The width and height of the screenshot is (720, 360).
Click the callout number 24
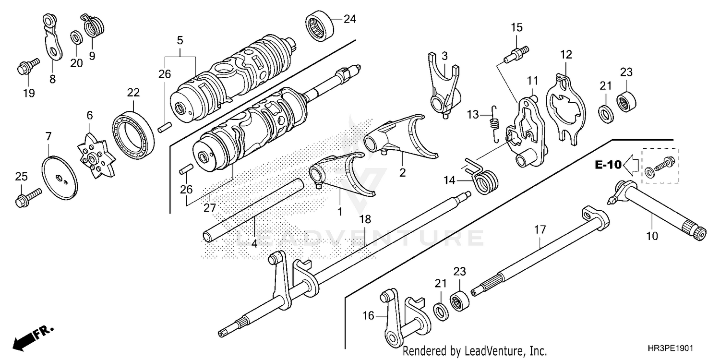coord(349,19)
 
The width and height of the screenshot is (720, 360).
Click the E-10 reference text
coord(608,166)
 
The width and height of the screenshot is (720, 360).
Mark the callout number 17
coord(540,230)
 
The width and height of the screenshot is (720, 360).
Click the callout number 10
coord(652,236)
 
